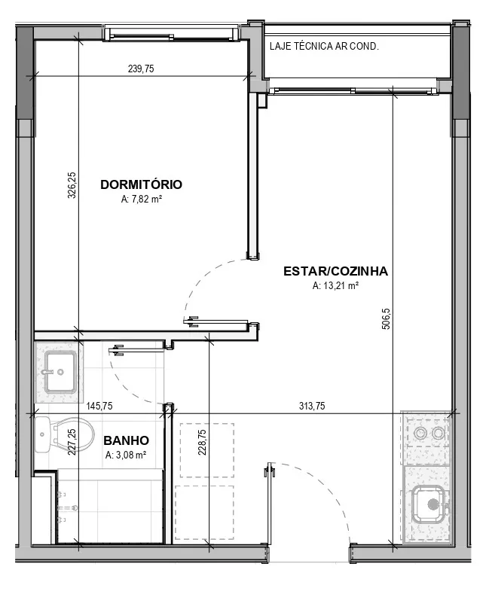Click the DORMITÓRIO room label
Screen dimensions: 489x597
tap(141, 184)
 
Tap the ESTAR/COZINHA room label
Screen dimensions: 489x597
tap(335, 271)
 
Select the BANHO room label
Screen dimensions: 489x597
tap(126, 440)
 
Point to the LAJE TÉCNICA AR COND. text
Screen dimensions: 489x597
tap(324, 47)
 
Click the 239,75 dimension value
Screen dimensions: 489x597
tap(141, 69)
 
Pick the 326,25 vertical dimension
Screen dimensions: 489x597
tap(72, 185)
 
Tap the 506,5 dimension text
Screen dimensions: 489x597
tap(386, 318)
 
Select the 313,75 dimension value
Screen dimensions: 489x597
tap(312, 407)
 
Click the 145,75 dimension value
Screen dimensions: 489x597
tap(99, 407)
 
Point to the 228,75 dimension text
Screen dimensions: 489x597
tap(202, 442)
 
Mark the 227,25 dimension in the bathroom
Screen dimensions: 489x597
tap(72, 442)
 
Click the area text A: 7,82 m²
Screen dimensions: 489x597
tap(142, 200)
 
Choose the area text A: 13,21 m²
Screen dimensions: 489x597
tap(335, 285)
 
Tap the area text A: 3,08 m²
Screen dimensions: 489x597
tap(126, 455)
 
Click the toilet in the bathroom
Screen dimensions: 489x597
tap(64, 435)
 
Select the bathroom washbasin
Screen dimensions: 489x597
tap(60, 373)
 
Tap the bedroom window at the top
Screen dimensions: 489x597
tap(172, 32)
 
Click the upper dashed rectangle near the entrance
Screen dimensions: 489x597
tap(207, 450)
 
